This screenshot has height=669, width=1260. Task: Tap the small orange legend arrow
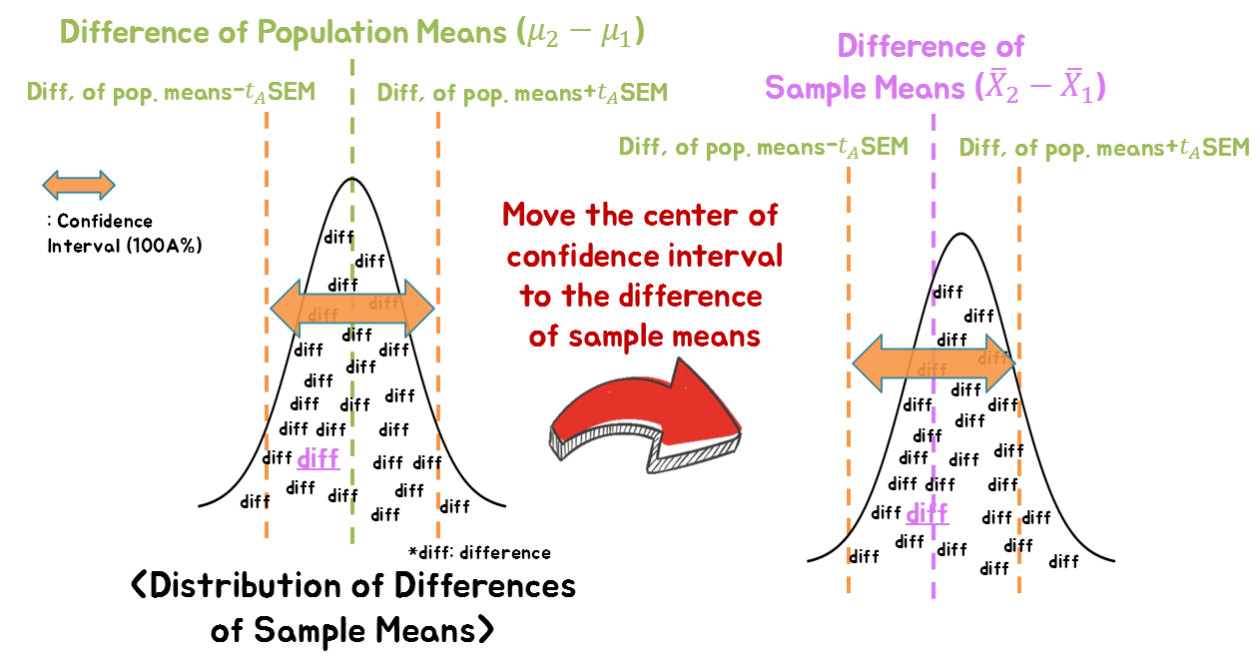tap(79, 185)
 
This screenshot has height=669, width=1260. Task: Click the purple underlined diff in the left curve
tap(318, 458)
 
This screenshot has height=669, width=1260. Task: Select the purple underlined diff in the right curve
tap(927, 513)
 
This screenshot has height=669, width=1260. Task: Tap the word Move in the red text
tap(544, 215)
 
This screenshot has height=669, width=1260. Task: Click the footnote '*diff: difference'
tap(479, 552)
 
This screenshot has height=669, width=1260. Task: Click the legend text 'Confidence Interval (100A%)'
tap(124, 233)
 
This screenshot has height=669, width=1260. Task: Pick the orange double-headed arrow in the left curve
tap(352, 308)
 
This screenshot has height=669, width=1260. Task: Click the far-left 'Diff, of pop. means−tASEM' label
tap(172, 93)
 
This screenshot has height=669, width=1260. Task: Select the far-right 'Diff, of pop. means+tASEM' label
tap(1104, 148)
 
